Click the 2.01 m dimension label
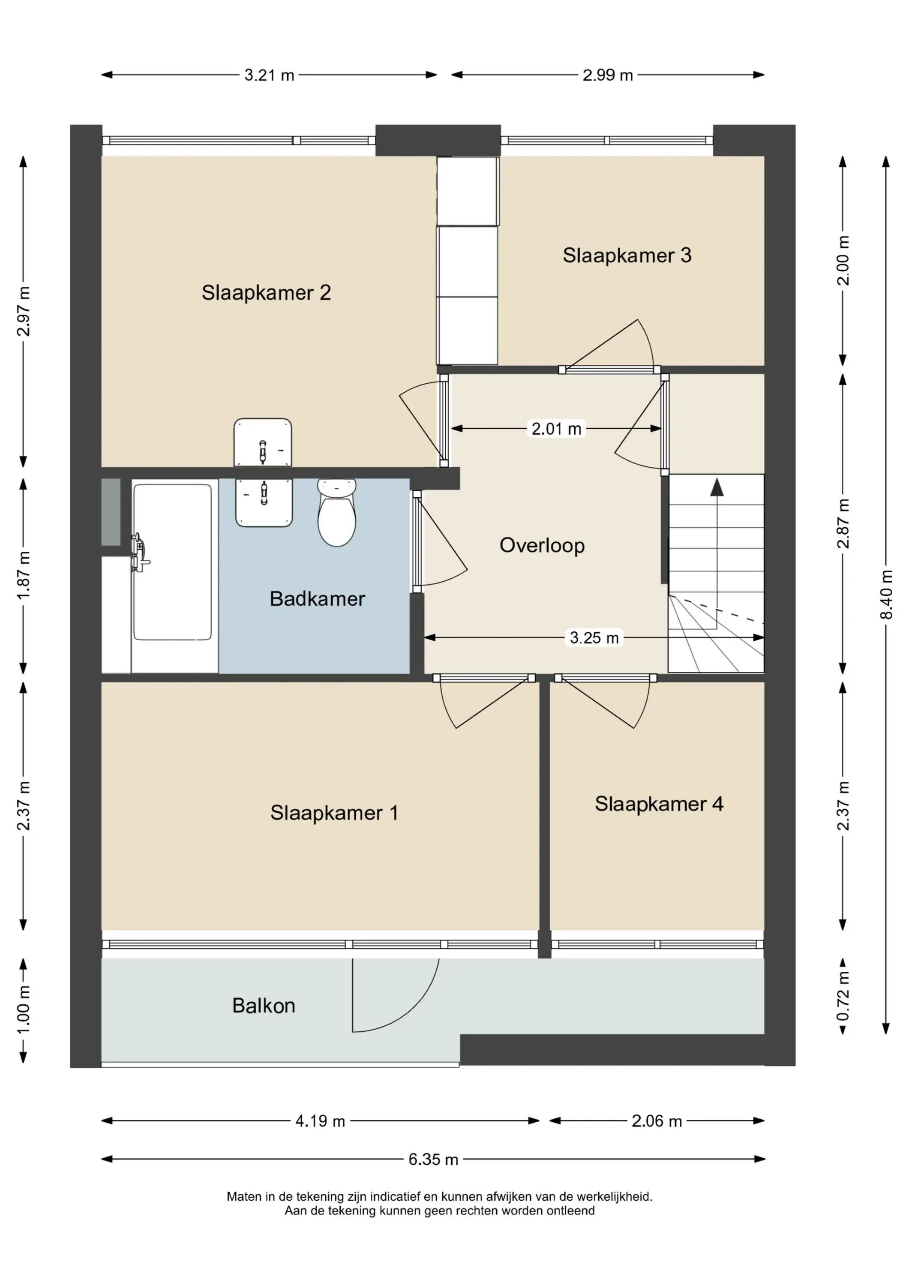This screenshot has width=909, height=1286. click(x=556, y=429)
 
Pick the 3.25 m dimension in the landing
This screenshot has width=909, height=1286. click(x=594, y=637)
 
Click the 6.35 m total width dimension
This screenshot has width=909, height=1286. click(x=433, y=1160)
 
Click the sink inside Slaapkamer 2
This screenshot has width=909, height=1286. click(x=263, y=442)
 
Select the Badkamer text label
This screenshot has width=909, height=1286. click(x=318, y=599)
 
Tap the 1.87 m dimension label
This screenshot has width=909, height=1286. click(x=24, y=575)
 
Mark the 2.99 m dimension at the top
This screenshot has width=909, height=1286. click(x=608, y=75)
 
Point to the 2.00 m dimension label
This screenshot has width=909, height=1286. click(x=843, y=261)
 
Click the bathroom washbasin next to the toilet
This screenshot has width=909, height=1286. click(x=264, y=502)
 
